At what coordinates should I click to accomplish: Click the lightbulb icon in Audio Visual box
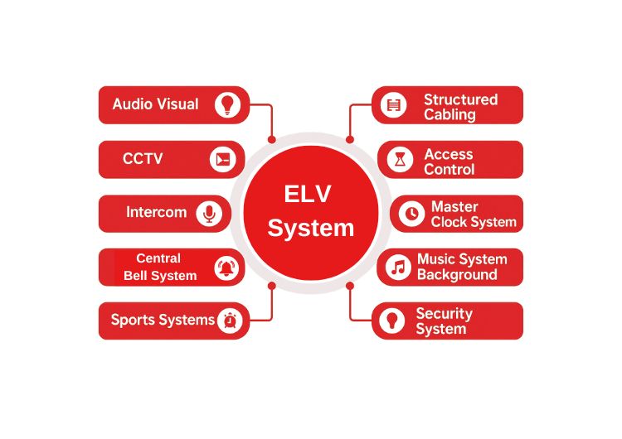pos(226,104)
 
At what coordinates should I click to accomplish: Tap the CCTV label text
pos(143,158)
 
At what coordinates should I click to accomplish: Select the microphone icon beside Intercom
pos(209,214)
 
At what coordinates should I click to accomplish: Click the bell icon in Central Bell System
pos(226,268)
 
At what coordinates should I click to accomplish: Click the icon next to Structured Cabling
pos(394,105)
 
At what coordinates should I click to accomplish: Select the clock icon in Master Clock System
pos(411,214)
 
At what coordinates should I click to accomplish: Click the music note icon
pos(399,267)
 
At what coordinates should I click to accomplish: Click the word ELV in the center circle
pos(308,194)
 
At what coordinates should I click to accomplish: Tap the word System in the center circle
pos(311,228)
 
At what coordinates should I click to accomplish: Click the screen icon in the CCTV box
pos(221,159)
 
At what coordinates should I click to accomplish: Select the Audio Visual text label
pos(155,104)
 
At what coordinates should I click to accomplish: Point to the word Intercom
pos(156,212)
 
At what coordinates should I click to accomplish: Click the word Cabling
pos(449,115)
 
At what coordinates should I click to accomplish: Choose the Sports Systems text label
pos(163,320)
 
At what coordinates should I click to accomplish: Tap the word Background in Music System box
pos(457,275)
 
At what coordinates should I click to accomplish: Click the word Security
pos(444,314)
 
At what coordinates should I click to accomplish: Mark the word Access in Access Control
pos(448,154)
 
